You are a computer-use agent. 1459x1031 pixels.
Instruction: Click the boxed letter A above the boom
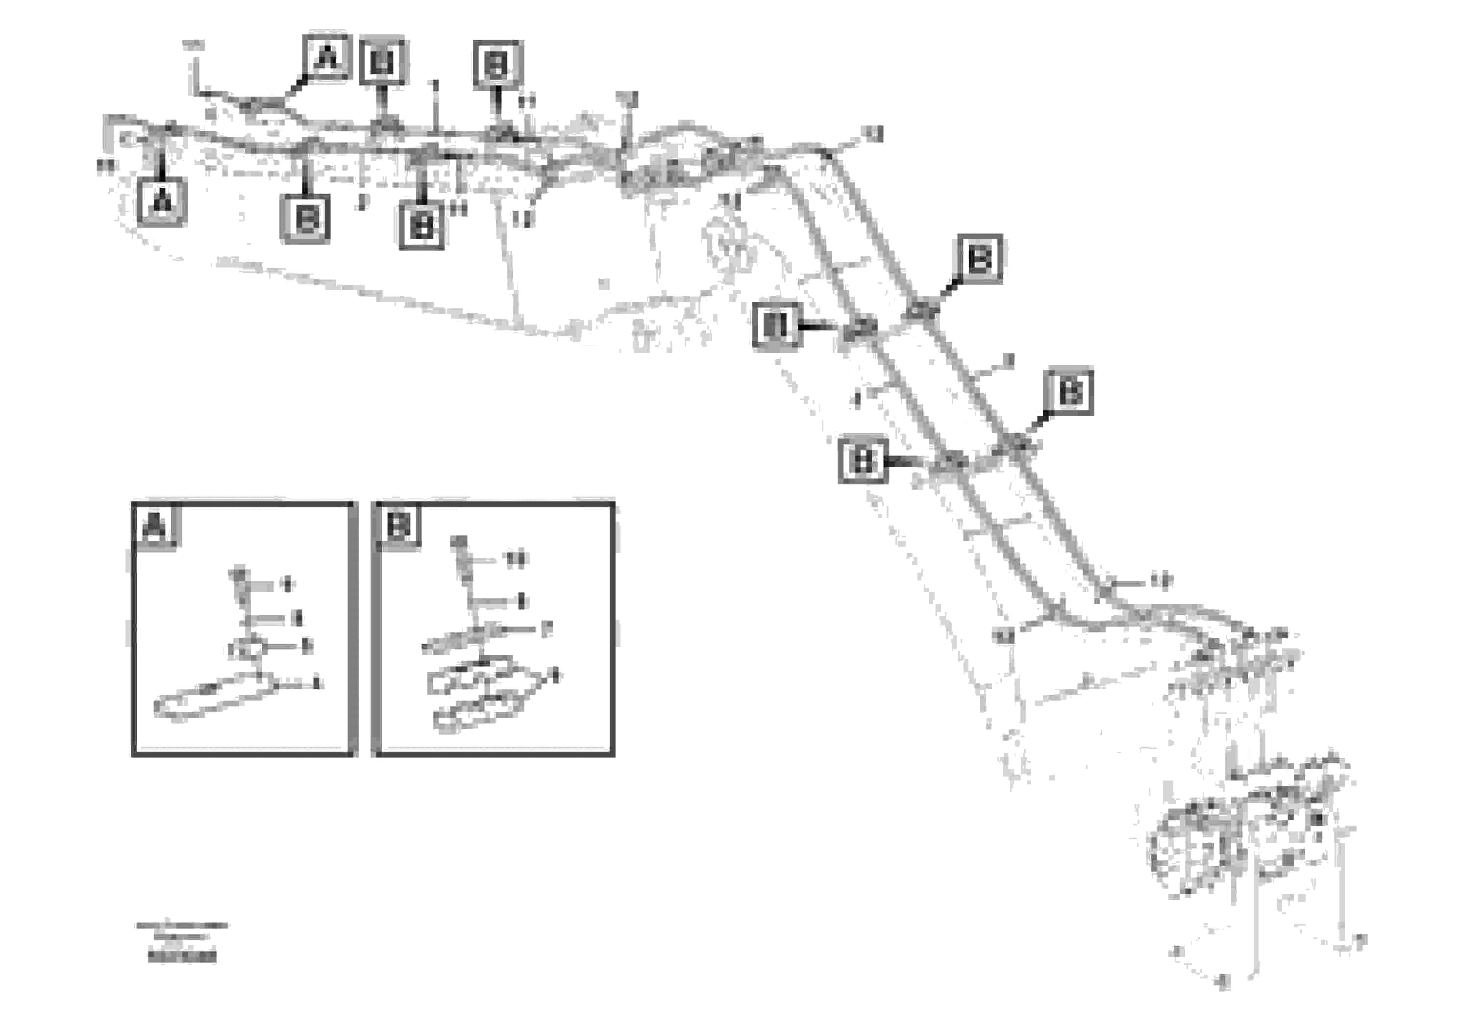pos(326,56)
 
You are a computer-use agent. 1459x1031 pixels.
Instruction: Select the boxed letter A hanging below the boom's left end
pos(162,201)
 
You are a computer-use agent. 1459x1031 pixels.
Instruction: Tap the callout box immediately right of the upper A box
pos(383,62)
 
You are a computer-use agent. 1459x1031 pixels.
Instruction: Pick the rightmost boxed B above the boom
pos(497,64)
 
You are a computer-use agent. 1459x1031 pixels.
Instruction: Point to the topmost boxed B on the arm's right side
pos(979,258)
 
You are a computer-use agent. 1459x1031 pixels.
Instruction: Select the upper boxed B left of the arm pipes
pos(776,326)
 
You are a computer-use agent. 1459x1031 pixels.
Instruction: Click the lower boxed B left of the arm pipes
pos(862,459)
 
